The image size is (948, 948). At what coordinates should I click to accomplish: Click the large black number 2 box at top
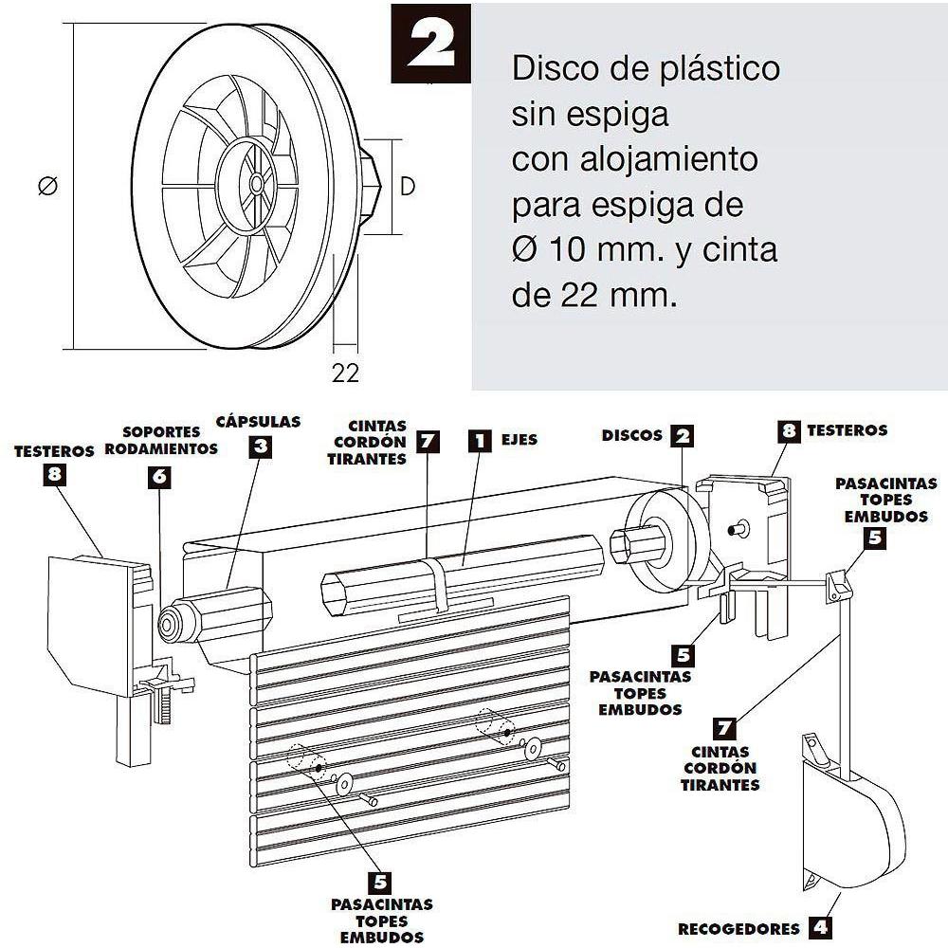click(x=430, y=44)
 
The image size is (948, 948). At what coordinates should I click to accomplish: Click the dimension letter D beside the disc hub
click(x=408, y=186)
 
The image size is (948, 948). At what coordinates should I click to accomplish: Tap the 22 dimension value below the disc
click(x=345, y=373)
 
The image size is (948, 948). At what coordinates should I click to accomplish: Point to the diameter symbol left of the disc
click(x=47, y=185)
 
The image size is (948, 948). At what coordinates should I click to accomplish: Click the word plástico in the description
click(x=720, y=69)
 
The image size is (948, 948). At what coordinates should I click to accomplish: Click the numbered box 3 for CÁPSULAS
click(x=260, y=447)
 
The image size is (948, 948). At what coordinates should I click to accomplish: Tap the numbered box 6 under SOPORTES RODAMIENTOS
click(x=159, y=477)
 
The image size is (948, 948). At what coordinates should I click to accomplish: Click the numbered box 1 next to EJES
click(x=480, y=440)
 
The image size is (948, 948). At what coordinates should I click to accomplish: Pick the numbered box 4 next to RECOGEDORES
click(x=819, y=927)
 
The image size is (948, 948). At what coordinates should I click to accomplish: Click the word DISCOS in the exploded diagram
click(x=631, y=435)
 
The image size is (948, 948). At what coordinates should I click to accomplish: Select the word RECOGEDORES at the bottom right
click(x=738, y=929)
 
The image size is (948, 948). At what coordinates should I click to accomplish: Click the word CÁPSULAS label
click(x=258, y=422)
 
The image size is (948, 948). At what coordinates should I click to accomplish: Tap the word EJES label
click(x=519, y=440)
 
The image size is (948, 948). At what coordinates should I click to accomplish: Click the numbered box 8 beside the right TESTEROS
click(x=789, y=431)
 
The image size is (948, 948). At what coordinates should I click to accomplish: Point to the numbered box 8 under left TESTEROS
click(x=54, y=474)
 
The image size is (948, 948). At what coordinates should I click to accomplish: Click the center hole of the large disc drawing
click(x=256, y=183)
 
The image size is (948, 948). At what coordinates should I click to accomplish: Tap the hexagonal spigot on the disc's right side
click(x=371, y=186)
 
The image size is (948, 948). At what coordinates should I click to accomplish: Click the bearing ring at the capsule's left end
click(x=171, y=624)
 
